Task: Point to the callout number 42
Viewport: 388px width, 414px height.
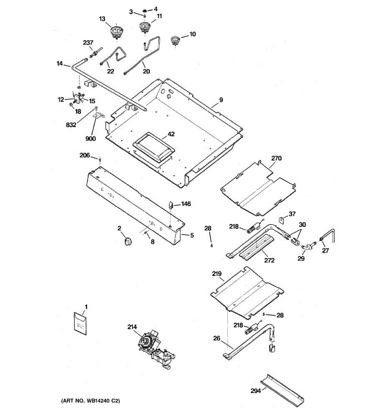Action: (171, 134)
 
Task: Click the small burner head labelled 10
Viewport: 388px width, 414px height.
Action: (175, 40)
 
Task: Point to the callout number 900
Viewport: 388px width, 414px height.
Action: (91, 138)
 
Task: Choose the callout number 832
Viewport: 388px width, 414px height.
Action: (71, 125)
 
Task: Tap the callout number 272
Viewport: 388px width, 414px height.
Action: (269, 260)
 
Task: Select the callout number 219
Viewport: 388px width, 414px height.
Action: (217, 274)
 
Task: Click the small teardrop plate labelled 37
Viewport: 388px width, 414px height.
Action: (282, 220)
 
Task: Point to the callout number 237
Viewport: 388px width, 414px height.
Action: (88, 43)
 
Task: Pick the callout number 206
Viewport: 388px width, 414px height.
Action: (84, 155)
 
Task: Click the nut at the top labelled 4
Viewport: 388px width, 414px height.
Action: (144, 10)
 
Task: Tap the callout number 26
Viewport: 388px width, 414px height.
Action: (217, 338)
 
